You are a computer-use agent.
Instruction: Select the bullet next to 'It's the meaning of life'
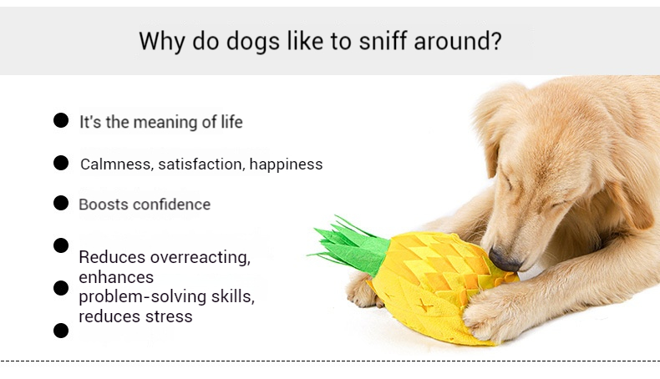tap(61, 121)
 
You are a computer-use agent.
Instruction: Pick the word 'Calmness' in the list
tap(114, 164)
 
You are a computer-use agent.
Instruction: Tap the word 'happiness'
tap(286, 164)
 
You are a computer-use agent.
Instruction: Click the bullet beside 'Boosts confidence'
tap(61, 203)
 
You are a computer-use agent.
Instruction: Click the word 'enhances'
tap(116, 276)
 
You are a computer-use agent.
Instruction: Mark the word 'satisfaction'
tap(199, 164)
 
